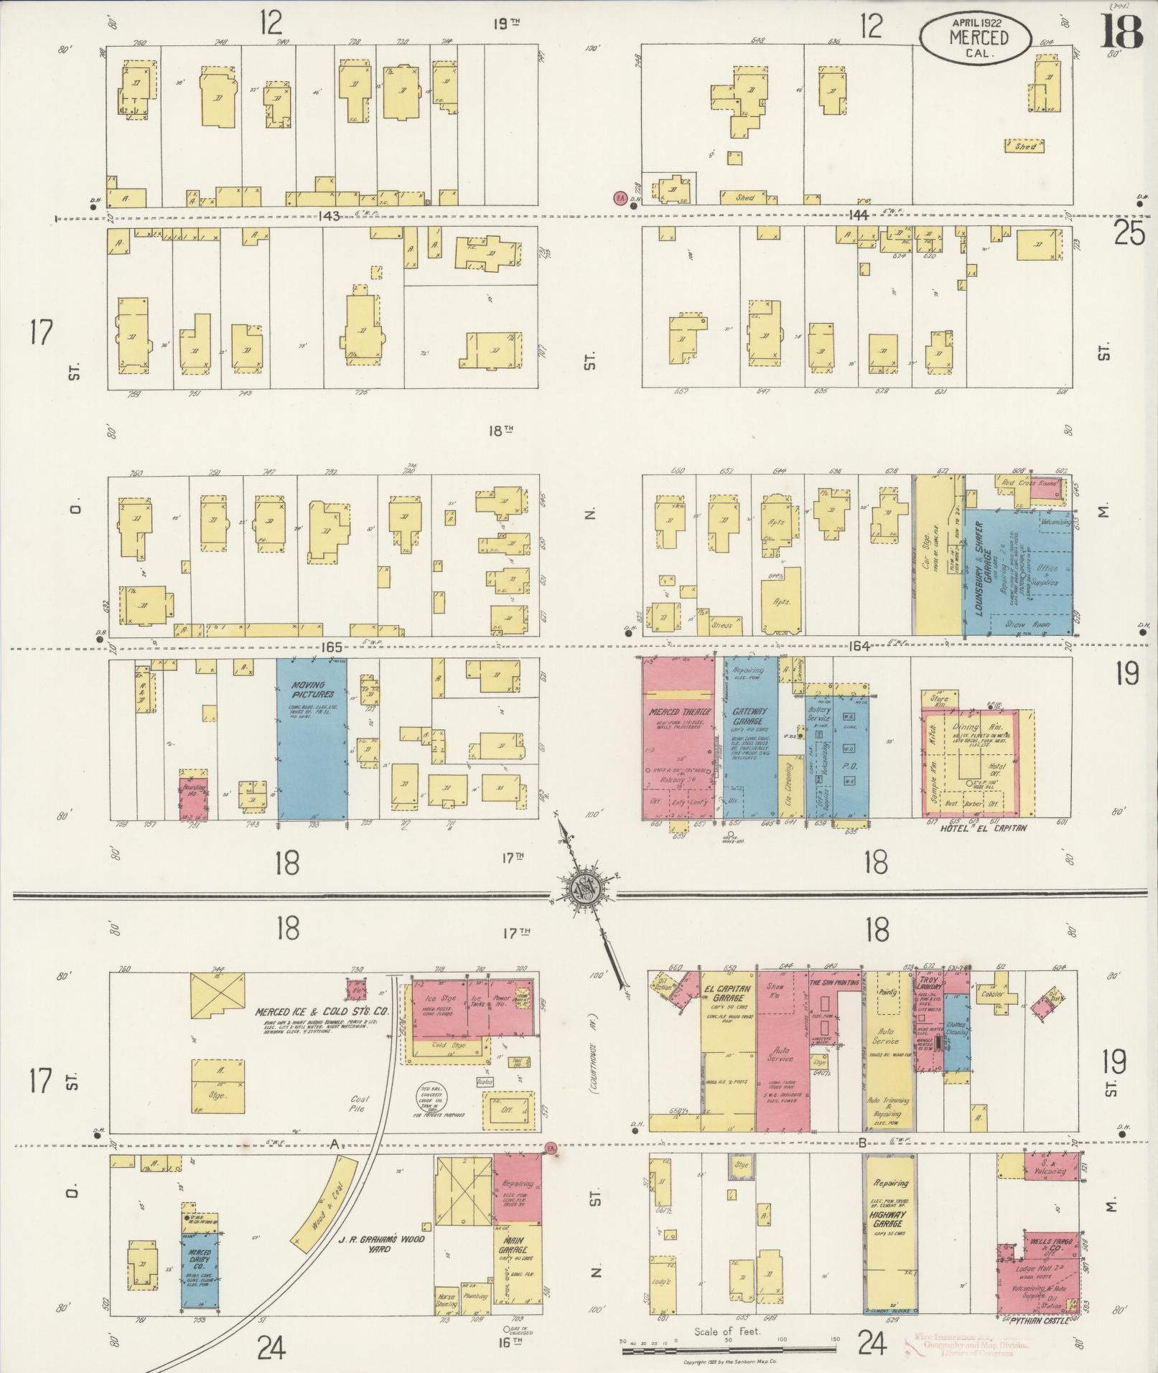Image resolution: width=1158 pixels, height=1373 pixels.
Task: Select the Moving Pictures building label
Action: [308, 690]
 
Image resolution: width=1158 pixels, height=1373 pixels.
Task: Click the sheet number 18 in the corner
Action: [1121, 32]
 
